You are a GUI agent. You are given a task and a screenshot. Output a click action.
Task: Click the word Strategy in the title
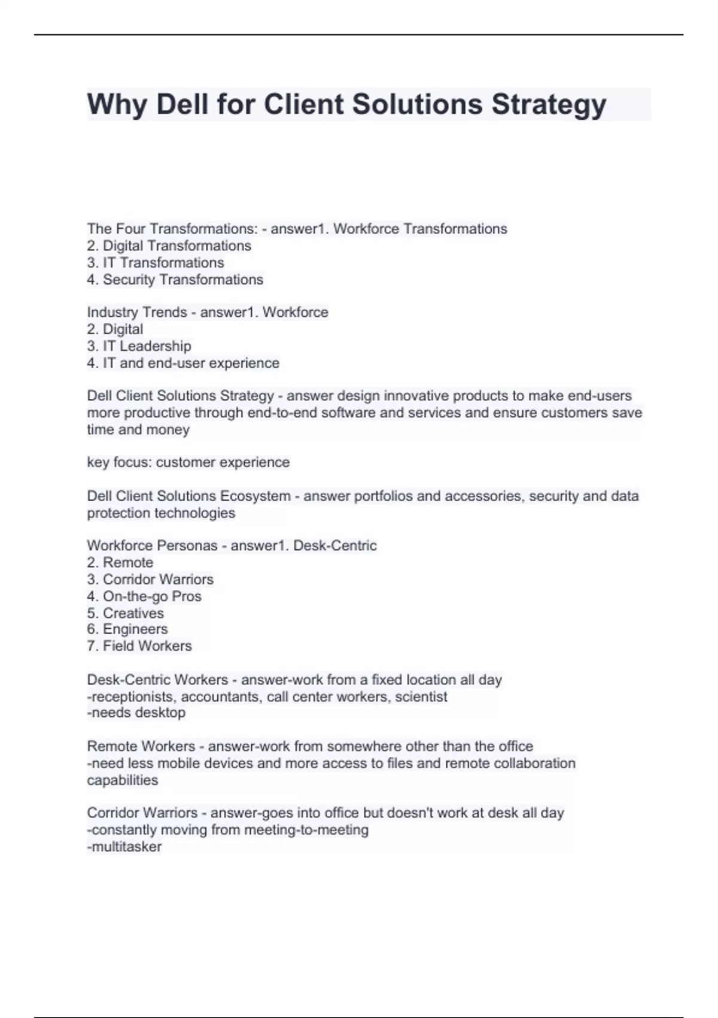point(549,104)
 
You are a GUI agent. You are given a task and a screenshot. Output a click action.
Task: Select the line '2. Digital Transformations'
point(169,246)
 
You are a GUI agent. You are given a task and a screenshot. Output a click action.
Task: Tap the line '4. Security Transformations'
point(175,280)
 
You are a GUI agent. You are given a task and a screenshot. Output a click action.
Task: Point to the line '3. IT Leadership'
point(139,346)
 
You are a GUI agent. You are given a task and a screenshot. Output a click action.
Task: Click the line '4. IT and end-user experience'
point(182,363)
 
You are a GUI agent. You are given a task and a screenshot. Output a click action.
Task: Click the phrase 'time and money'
point(138,429)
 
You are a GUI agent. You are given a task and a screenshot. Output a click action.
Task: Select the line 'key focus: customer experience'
point(188,462)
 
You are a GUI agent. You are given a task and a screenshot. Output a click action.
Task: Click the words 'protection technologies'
point(161,513)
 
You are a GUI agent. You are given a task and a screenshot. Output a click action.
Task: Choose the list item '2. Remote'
point(120,562)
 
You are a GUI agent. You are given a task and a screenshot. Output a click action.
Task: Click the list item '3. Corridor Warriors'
point(150,579)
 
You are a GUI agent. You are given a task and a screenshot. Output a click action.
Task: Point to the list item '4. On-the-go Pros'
point(144,596)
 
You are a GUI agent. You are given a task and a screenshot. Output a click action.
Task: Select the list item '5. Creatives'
point(125,613)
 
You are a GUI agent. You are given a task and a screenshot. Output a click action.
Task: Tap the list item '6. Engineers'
point(127,629)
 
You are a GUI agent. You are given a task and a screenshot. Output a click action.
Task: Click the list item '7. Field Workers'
point(139,646)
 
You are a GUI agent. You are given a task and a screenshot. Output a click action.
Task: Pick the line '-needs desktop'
point(136,713)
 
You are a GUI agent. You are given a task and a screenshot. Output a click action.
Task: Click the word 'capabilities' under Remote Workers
point(123,780)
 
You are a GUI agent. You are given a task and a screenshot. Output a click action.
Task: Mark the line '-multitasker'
point(124,847)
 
